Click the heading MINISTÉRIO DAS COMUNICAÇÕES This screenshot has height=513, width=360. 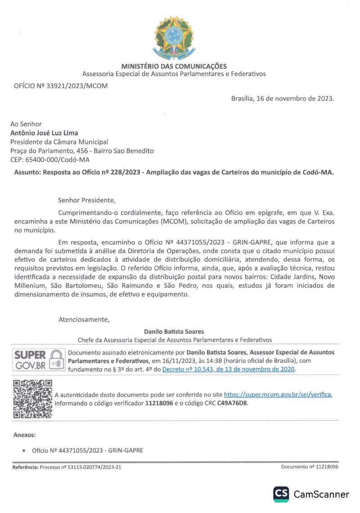[x=174, y=67]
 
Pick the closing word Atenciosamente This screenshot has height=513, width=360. [x=84, y=320]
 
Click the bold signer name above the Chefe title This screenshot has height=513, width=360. [x=174, y=332]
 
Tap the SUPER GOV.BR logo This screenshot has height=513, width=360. [x=38, y=360]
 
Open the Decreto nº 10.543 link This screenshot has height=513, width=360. [x=228, y=369]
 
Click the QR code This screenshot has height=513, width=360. [x=32, y=399]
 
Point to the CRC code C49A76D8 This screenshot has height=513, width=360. [x=232, y=403]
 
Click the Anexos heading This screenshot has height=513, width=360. [x=24, y=435]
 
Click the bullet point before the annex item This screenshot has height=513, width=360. [x=23, y=450]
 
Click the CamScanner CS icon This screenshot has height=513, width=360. [x=281, y=494]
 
